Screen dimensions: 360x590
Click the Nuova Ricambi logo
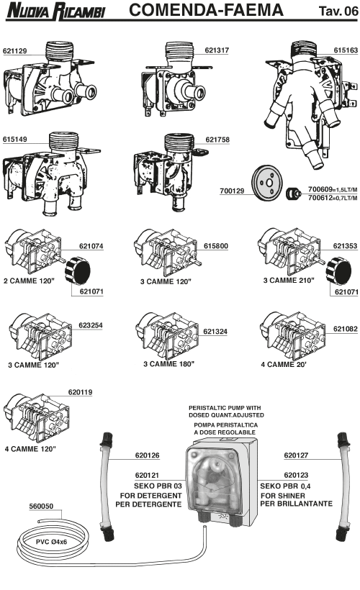(x=56, y=11)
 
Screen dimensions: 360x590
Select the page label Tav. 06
(x=338, y=11)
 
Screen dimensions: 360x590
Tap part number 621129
(x=14, y=51)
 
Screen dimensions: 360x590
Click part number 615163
(x=346, y=50)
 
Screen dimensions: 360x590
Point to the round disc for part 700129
(x=266, y=183)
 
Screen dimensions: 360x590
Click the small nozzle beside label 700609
(x=293, y=194)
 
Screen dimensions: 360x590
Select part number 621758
(x=217, y=140)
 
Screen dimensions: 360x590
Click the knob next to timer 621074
(x=78, y=271)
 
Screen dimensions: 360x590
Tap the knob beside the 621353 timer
(x=338, y=271)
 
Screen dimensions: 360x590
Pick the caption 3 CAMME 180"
(x=168, y=364)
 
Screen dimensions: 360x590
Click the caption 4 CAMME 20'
(x=284, y=364)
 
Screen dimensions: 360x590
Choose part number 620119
(x=80, y=392)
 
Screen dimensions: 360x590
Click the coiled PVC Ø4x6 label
(x=51, y=542)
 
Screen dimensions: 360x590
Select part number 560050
(x=41, y=506)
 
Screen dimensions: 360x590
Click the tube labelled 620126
(x=106, y=487)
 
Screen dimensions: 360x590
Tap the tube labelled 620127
(x=343, y=487)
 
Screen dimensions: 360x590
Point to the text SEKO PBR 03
(x=158, y=486)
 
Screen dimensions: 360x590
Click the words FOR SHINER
(x=283, y=496)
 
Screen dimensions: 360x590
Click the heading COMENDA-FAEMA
(x=206, y=10)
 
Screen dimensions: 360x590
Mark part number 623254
(x=91, y=325)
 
